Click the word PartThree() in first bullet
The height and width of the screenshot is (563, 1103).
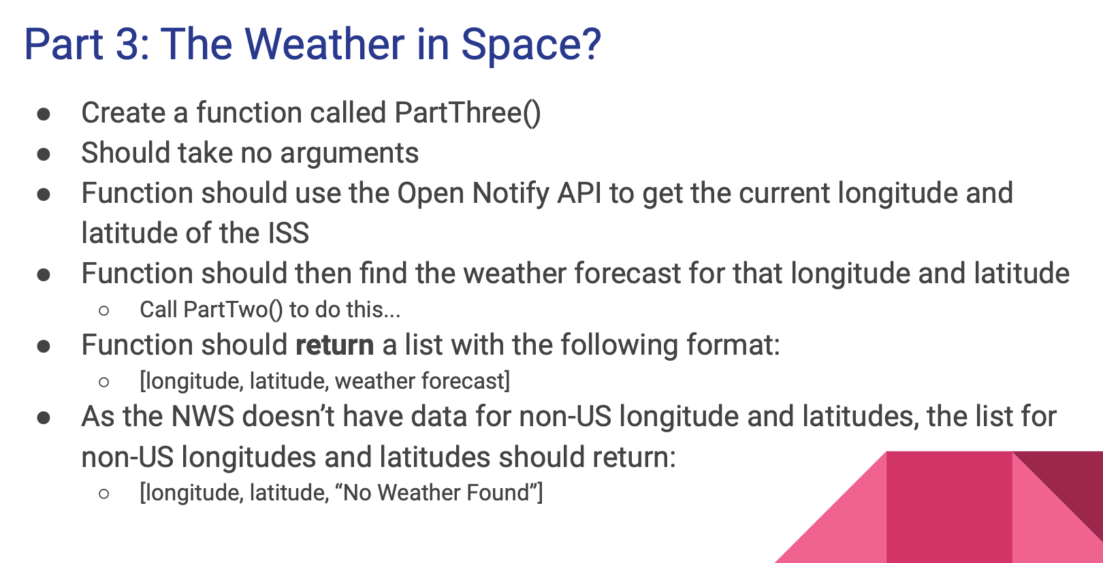(467, 113)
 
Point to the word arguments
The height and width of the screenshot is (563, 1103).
(349, 154)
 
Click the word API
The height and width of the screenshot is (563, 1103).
(579, 193)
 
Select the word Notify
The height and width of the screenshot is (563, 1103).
(510, 194)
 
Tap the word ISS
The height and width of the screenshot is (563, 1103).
(289, 234)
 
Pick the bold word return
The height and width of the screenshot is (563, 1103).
(335, 345)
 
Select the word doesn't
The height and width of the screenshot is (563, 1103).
(287, 417)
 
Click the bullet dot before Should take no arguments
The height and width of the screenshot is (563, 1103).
(44, 154)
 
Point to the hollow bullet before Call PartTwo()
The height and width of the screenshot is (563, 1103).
(103, 310)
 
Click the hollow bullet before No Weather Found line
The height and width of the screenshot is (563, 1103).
(103, 494)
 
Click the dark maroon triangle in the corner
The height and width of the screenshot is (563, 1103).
(1074, 487)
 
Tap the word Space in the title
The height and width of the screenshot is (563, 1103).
(517, 46)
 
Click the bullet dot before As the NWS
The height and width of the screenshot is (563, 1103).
(44, 418)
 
